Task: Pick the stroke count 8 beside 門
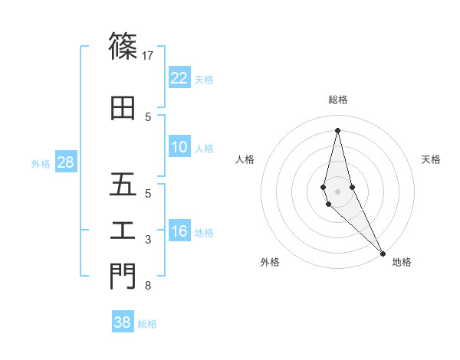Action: click(148, 286)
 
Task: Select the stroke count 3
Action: click(148, 240)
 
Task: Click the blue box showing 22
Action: click(179, 78)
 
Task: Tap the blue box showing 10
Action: click(179, 148)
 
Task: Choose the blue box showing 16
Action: click(179, 232)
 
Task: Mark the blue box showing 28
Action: click(65, 163)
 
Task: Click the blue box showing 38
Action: click(123, 322)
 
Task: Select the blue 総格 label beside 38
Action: click(147, 324)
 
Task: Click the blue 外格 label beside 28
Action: click(41, 164)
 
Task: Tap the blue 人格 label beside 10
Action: click(204, 149)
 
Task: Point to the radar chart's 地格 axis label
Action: click(402, 263)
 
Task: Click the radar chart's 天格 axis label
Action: click(431, 159)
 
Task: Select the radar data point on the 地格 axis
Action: click(382, 253)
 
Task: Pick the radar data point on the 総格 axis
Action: click(337, 129)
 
